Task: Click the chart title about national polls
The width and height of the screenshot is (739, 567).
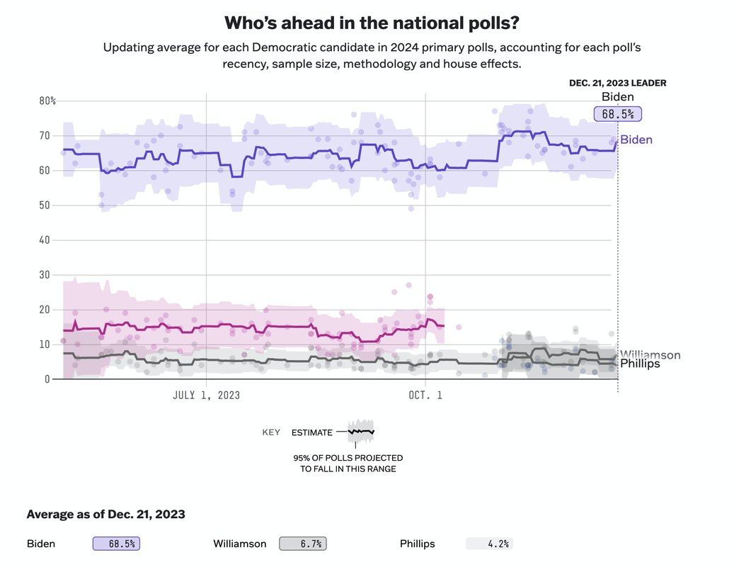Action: tap(372, 23)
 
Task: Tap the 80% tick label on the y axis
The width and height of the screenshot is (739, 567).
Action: tap(47, 101)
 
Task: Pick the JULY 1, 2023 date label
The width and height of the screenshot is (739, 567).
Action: tap(206, 395)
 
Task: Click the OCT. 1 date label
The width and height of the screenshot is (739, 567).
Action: tap(425, 395)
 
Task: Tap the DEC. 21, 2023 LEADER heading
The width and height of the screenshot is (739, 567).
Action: tap(617, 83)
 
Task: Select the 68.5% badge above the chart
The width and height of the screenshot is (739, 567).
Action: tap(617, 113)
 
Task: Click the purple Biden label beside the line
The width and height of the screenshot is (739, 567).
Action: tap(636, 140)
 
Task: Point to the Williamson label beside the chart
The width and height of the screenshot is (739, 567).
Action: tap(650, 355)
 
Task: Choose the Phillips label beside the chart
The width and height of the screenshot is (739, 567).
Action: tap(640, 364)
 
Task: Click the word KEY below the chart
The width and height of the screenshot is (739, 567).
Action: tap(271, 432)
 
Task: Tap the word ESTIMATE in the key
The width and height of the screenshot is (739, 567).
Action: tap(311, 432)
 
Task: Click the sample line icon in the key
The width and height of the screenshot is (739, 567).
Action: tap(361, 431)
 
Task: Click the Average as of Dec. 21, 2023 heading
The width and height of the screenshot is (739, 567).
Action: tap(105, 514)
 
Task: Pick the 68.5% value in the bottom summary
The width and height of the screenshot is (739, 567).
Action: tap(117, 544)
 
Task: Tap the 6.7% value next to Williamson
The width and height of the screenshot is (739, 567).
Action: tap(303, 544)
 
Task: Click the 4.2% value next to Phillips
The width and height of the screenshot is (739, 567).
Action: tap(489, 544)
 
